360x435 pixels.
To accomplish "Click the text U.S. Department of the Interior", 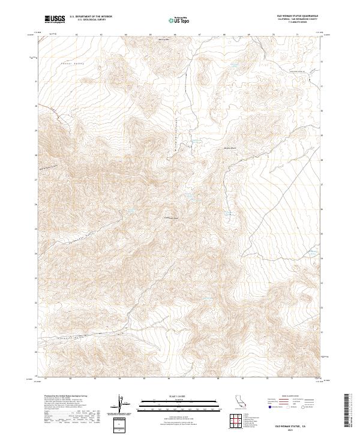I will (x=91, y=17).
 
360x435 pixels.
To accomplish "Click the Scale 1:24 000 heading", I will (x=170, y=397).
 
